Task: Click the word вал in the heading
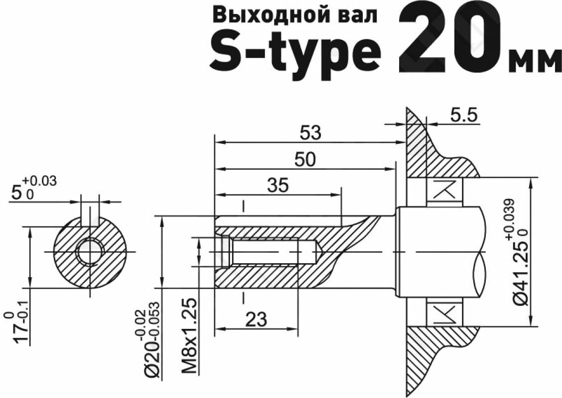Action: point(357,15)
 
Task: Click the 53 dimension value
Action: point(310,133)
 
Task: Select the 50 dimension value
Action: point(305,160)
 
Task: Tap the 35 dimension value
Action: point(278,186)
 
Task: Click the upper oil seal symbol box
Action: point(445,191)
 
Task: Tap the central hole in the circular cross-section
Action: point(90,252)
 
